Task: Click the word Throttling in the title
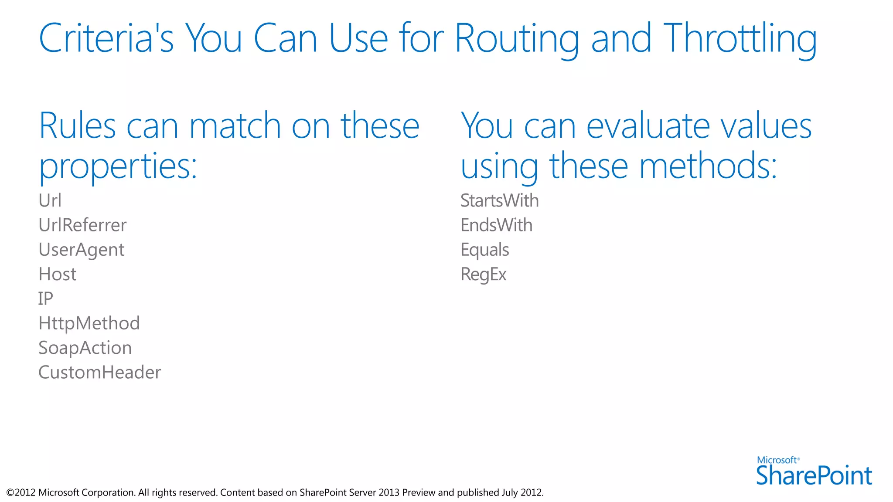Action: click(x=740, y=39)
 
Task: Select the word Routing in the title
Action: click(x=517, y=39)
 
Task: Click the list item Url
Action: click(x=50, y=200)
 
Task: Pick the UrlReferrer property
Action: click(x=82, y=225)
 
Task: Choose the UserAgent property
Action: click(x=82, y=250)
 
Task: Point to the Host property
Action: click(x=57, y=275)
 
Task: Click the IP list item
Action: click(x=45, y=299)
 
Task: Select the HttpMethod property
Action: click(x=89, y=323)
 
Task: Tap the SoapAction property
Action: click(x=85, y=348)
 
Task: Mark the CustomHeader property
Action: click(x=99, y=373)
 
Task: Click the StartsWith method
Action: click(x=500, y=200)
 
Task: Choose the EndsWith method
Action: click(x=496, y=225)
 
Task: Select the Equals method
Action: click(x=484, y=250)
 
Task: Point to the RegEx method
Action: click(x=483, y=275)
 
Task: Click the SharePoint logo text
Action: click(x=814, y=475)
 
